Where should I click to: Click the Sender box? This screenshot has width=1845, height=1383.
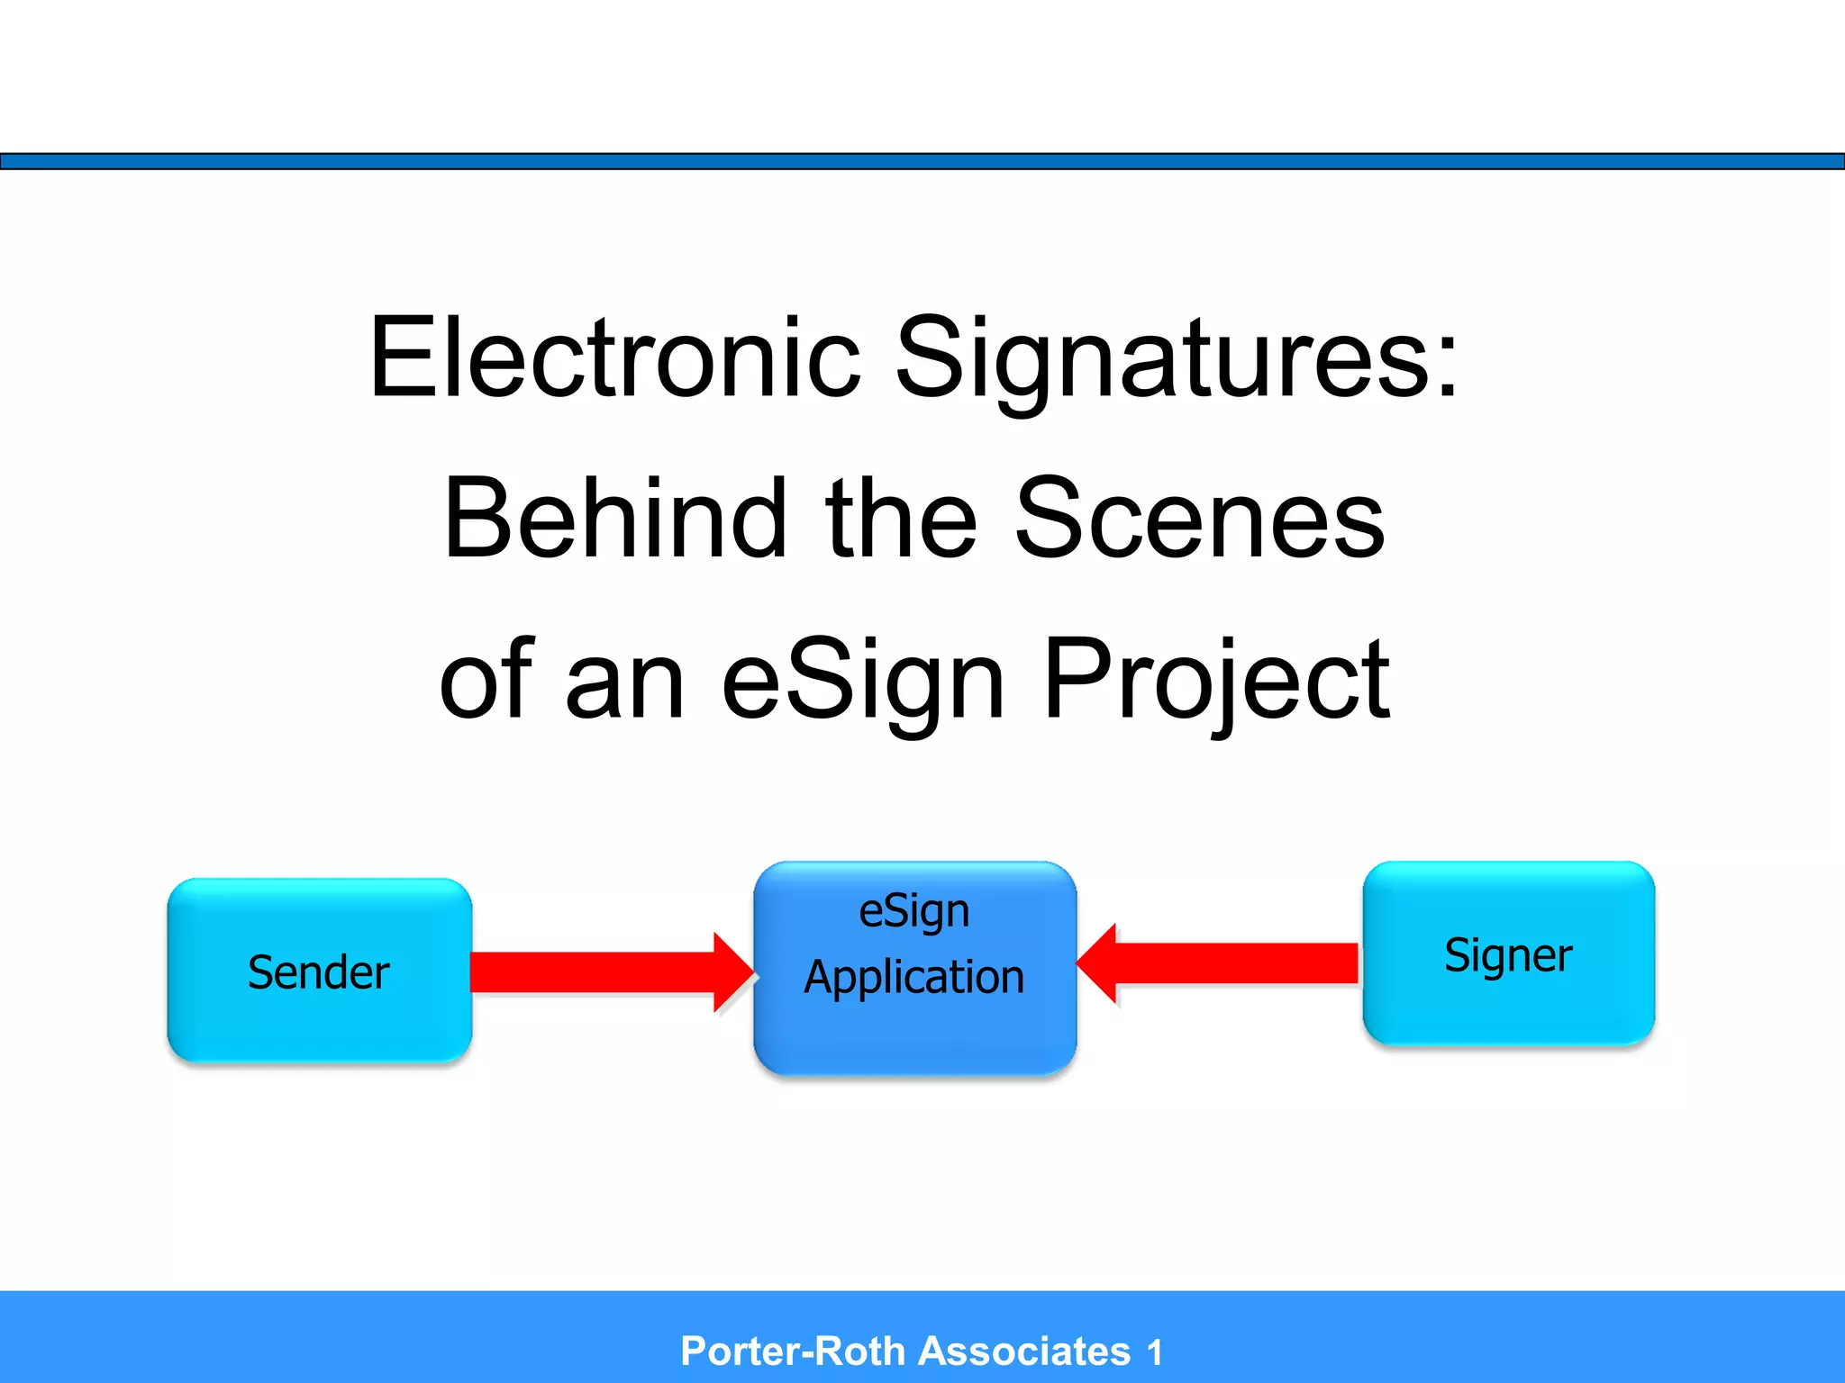(x=319, y=971)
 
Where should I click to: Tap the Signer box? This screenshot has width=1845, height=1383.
(x=1508, y=954)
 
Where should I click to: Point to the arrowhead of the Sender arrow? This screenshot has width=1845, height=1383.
(x=732, y=972)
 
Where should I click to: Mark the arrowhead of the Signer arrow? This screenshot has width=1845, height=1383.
(x=1098, y=963)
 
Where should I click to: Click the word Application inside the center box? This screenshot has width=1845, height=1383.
(x=914, y=977)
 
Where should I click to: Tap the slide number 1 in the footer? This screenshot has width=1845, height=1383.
(x=1154, y=1352)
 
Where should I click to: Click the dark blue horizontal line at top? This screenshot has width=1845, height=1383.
(x=922, y=161)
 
